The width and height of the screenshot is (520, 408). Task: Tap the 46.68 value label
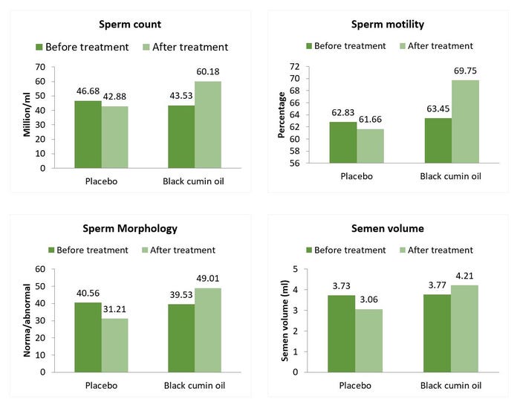point(88,90)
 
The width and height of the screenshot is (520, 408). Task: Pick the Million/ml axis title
point(30,117)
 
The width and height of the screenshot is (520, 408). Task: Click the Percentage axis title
point(282,114)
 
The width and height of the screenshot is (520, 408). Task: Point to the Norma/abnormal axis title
point(30,320)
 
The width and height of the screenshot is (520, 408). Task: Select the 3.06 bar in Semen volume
point(370,340)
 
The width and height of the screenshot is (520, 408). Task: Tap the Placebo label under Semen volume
point(355,386)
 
